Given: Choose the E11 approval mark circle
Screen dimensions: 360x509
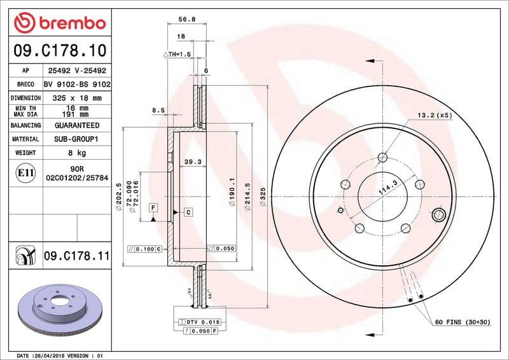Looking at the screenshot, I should click(24, 172).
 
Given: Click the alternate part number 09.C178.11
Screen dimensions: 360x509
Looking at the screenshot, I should click(77, 256).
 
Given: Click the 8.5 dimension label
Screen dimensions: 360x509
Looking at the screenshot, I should click(158, 111).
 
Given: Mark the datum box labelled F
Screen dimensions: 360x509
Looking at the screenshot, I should click(153, 207).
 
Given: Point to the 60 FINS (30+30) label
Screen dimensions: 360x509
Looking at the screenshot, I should click(462, 322).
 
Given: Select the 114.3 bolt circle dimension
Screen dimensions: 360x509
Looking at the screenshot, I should click(387, 188).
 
